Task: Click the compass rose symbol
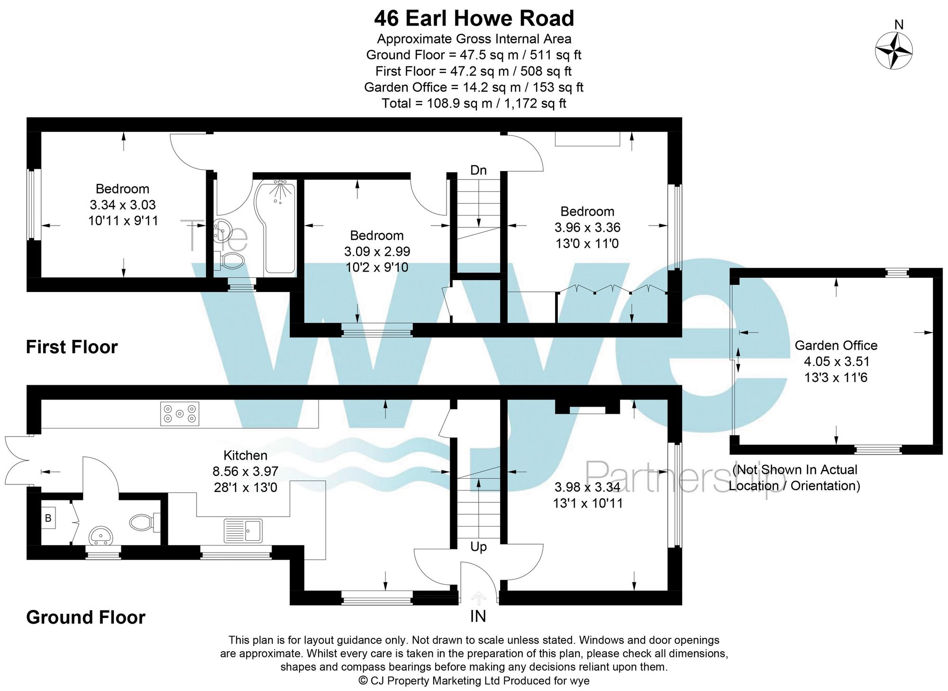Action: pyautogui.click(x=893, y=50)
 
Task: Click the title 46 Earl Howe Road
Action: pyautogui.click(x=474, y=19)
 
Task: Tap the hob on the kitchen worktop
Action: pyautogui.click(x=180, y=414)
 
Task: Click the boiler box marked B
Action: pyautogui.click(x=48, y=518)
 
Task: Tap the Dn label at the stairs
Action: pyautogui.click(x=478, y=170)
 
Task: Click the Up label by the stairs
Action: pyautogui.click(x=478, y=547)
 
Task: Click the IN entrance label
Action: pyautogui.click(x=478, y=616)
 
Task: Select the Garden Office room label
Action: pyautogui.click(x=836, y=345)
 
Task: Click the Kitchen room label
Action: pyautogui.click(x=245, y=455)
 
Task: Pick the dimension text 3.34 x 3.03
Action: pyautogui.click(x=123, y=205)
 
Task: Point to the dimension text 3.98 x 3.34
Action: pyautogui.click(x=587, y=487)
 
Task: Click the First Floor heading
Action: pyautogui.click(x=72, y=347)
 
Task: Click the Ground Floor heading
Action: pyautogui.click(x=86, y=617)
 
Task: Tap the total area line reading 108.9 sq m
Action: pyautogui.click(x=474, y=103)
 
